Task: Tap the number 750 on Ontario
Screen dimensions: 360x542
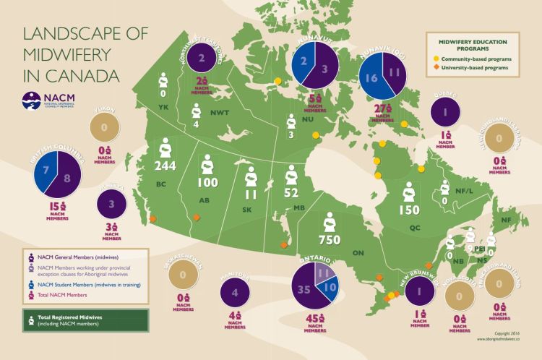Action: point(330,238)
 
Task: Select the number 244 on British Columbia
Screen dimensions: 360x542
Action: point(165,166)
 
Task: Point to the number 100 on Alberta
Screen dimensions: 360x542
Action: point(207,182)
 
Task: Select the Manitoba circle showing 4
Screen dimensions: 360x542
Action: point(235,293)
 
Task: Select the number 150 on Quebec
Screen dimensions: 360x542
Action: point(409,210)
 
